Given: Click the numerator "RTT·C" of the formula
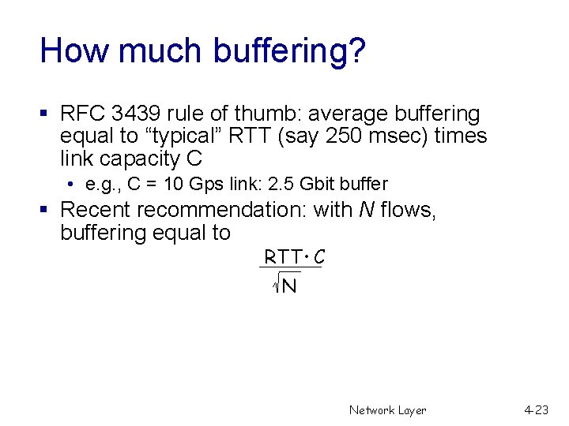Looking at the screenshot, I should [x=294, y=257].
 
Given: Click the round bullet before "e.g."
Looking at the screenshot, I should [x=71, y=185].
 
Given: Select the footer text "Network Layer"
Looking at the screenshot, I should [x=387, y=410].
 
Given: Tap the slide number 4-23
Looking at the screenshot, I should [x=535, y=410].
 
